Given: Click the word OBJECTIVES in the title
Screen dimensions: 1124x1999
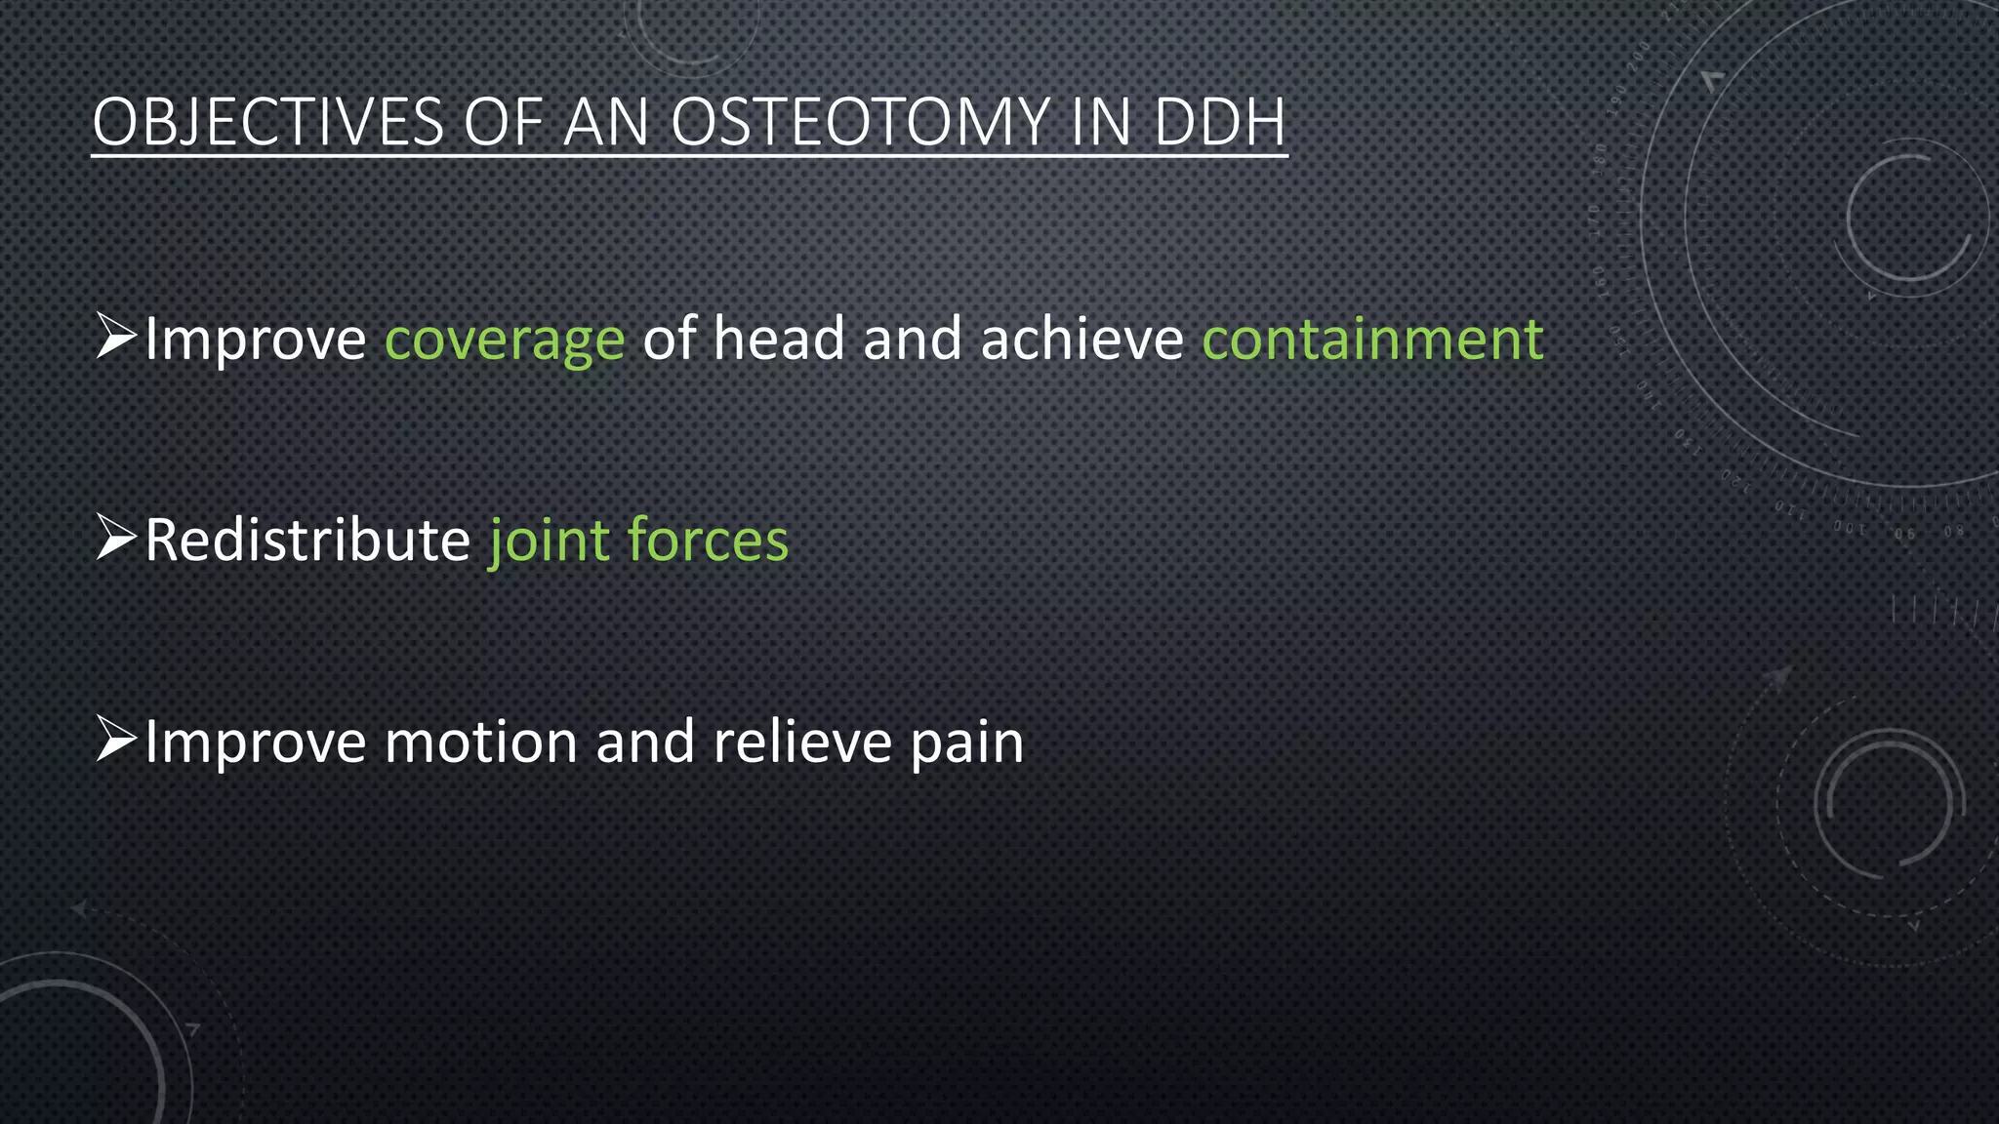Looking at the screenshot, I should point(267,123).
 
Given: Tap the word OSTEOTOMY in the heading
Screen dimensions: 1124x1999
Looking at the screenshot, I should point(859,123).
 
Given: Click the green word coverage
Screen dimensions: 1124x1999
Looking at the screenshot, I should point(505,340).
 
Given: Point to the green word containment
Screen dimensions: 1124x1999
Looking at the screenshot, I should point(1372,340).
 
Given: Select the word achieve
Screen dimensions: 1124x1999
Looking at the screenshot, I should point(1081,340).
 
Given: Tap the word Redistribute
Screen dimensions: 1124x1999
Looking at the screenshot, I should point(307,541).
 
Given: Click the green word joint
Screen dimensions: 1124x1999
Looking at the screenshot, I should point(549,541).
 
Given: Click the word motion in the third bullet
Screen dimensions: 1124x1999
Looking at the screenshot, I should point(481,743).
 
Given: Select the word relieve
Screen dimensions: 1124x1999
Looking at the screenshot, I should point(802,743).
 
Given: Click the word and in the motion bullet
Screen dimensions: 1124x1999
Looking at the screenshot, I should point(645,743).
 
